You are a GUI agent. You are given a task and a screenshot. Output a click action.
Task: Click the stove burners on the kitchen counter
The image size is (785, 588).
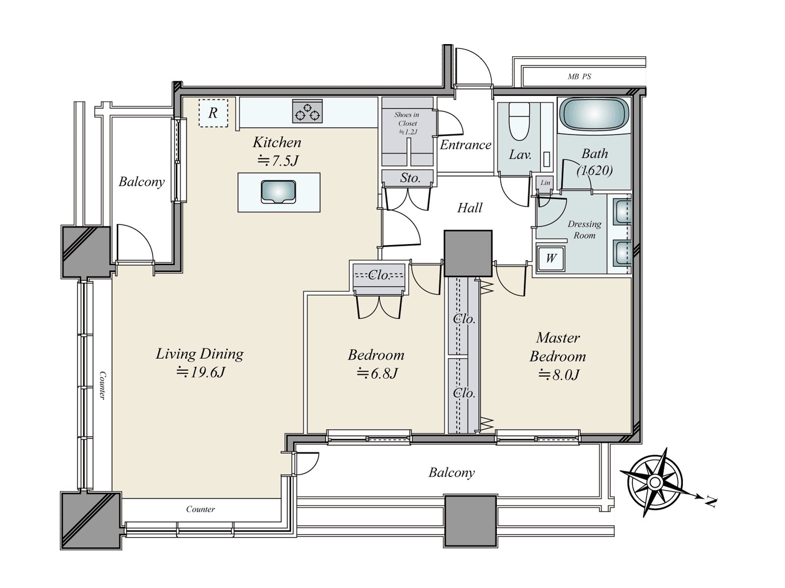(x=307, y=111)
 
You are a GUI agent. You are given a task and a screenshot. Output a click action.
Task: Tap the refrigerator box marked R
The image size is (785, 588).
(x=213, y=113)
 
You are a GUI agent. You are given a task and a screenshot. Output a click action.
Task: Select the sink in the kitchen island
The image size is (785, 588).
(x=278, y=192)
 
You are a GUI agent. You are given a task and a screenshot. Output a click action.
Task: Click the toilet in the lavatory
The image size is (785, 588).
(x=519, y=122)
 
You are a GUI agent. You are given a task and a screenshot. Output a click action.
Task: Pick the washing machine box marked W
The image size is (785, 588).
(x=551, y=258)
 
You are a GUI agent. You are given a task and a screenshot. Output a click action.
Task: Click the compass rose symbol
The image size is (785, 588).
(x=655, y=483)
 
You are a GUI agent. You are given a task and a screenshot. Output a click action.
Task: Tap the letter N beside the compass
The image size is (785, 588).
(x=710, y=503)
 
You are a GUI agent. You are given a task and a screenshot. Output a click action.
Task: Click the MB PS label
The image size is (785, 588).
(x=579, y=76)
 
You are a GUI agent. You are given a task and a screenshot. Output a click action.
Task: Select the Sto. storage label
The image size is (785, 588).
(x=410, y=178)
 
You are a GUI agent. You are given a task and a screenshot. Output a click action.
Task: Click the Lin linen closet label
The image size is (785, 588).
(x=545, y=182)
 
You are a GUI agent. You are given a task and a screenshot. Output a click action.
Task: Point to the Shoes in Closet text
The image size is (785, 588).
(x=407, y=119)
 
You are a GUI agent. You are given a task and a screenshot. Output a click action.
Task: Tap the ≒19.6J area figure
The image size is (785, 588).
(x=201, y=373)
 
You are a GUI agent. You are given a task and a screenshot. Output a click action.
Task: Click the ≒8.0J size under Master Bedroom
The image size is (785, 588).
(x=559, y=375)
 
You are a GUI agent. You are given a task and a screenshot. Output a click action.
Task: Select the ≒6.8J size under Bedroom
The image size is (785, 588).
(x=377, y=374)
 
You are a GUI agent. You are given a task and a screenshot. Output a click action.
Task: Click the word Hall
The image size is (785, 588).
(x=470, y=208)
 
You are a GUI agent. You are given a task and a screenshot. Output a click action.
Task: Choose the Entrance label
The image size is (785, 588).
(x=465, y=145)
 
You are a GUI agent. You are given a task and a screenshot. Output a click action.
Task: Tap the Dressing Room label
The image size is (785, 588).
(x=584, y=229)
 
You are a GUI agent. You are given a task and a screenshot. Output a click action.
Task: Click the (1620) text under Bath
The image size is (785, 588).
(x=595, y=171)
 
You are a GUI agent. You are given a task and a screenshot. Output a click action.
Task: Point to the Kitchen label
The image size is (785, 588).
(x=277, y=143)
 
